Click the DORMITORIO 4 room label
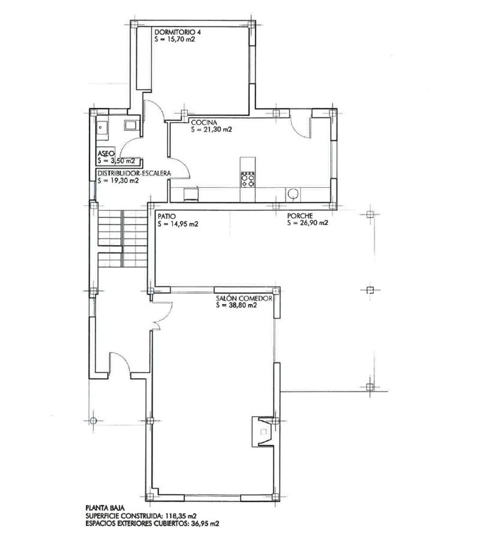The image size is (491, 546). click(x=177, y=32)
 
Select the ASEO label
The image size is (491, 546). click(x=106, y=153)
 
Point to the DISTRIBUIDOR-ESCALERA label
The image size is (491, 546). click(x=134, y=173)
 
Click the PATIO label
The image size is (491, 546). click(x=167, y=216)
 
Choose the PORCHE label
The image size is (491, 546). click(x=300, y=216)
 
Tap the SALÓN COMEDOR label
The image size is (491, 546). click(x=244, y=298)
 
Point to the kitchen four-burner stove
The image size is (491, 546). click(x=248, y=179)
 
